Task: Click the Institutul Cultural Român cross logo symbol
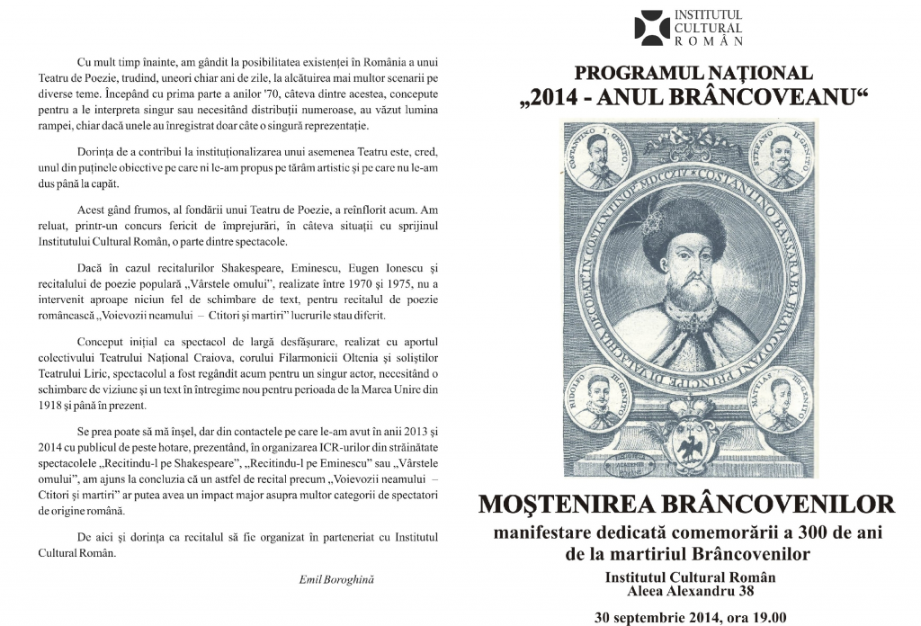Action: coord(652,27)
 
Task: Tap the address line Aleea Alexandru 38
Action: coord(689,591)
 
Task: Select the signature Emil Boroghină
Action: coord(335,579)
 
